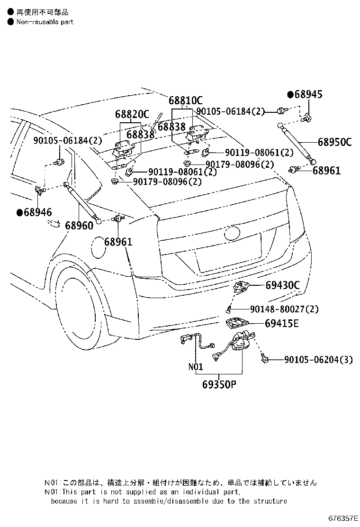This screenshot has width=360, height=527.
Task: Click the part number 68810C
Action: coord(185,100)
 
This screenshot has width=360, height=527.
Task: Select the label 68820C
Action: coord(132,114)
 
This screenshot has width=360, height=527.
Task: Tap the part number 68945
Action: coord(308,94)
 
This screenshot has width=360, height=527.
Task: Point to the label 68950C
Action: coord(334,142)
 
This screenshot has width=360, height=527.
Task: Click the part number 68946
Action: coord(38,212)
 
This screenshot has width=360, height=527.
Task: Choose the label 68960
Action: coord(79,226)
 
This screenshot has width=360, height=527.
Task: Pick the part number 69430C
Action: coord(282,285)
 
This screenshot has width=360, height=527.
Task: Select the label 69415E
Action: coord(281,323)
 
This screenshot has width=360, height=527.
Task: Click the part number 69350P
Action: coord(219,384)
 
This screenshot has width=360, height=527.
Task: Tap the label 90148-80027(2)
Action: coord(284,309)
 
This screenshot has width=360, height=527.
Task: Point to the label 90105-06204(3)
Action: coord(318,360)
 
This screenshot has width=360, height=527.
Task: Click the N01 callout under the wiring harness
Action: coord(196,366)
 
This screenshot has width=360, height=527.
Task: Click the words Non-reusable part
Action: coord(45,22)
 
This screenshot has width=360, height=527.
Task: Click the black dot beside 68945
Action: coord(290,94)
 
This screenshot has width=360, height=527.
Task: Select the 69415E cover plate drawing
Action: coord(237,323)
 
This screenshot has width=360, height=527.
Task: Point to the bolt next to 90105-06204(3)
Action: coord(264,359)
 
